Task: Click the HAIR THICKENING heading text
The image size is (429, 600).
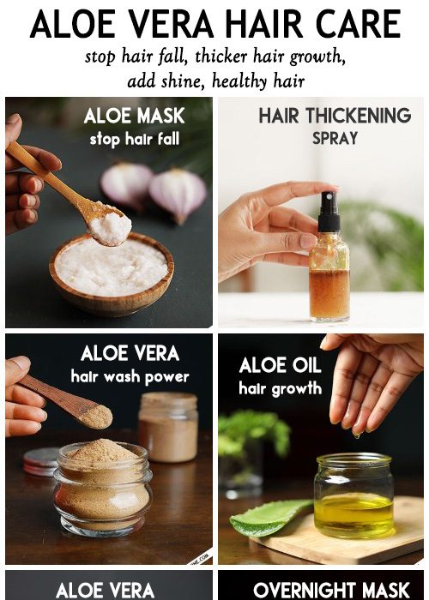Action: click(335, 116)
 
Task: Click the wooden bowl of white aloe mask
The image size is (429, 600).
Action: click(111, 275)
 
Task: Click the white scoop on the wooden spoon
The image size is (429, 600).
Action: click(111, 226)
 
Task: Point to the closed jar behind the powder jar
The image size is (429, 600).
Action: click(168, 428)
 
